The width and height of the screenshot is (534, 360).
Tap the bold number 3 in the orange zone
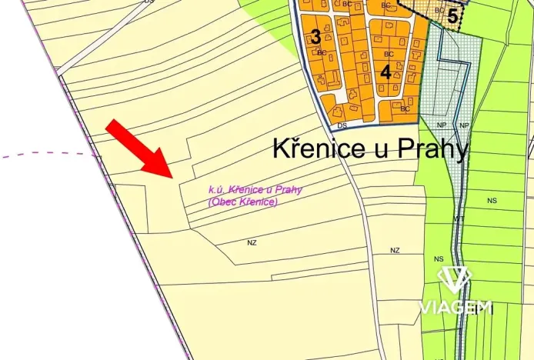click(x=315, y=37)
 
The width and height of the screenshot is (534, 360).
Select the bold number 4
click(x=385, y=72)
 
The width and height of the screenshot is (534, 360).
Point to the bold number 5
click(x=452, y=15)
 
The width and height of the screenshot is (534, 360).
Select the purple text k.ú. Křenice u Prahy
click(x=255, y=190)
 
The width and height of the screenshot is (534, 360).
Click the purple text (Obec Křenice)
click(x=242, y=202)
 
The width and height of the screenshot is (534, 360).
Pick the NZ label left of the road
click(x=252, y=242)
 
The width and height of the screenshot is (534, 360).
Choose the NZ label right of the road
click(x=395, y=251)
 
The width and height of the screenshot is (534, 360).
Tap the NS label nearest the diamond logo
click(x=439, y=259)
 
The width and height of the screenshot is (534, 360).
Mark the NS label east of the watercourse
click(x=492, y=200)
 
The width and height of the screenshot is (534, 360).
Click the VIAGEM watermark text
click(x=455, y=308)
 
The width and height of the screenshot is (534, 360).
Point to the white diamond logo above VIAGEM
click(x=455, y=280)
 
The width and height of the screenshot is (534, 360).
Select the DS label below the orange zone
click(x=342, y=125)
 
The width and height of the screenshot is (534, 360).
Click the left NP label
click(x=441, y=125)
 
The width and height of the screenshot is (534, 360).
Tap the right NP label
click(x=464, y=125)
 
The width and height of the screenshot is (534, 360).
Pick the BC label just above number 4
click(x=389, y=54)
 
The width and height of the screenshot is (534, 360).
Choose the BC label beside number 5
click(x=439, y=10)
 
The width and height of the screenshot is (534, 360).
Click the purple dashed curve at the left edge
click(x=46, y=155)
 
